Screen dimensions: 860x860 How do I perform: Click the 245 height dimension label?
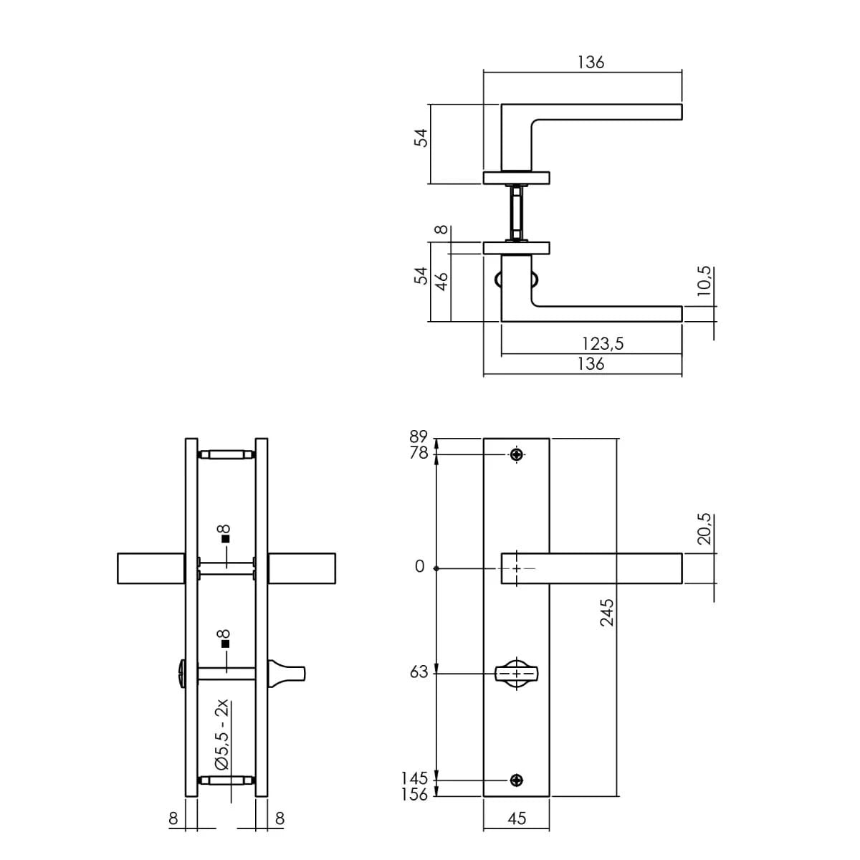point(607,613)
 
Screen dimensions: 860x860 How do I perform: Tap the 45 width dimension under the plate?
point(517,818)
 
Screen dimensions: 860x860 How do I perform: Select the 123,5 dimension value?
point(602,344)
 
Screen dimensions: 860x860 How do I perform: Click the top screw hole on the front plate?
point(517,454)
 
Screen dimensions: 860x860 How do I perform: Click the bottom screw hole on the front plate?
point(517,780)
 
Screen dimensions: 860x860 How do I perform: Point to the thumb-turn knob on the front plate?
point(516,674)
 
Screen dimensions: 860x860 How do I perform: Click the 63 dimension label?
point(419,672)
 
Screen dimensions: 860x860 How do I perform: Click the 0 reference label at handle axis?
point(420,568)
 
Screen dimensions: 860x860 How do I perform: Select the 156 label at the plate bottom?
point(415,794)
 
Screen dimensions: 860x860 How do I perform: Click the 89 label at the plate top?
point(419,436)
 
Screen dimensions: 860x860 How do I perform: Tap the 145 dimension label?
point(415,778)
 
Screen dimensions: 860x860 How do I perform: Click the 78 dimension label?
point(419,453)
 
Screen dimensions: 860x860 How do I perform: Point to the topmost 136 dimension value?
point(591,62)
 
